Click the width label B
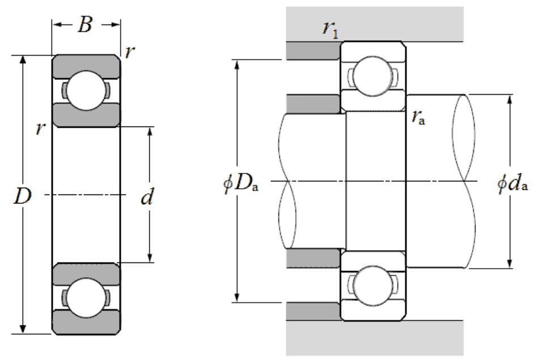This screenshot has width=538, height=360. pos(84,25)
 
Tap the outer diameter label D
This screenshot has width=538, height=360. pos(23,196)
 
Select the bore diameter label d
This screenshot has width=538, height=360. pos(147,196)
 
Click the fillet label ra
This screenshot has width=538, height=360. pos(418,118)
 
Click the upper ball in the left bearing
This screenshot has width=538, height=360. pos(86,91)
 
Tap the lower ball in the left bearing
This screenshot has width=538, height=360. pos(86,298)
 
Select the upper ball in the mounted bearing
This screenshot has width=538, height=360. pos(372,76)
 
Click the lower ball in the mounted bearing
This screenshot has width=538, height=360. pos(372,286)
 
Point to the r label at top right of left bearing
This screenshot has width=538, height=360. pos(130,52)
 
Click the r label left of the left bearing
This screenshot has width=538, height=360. pos(41,128)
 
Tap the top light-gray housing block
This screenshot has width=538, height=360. pos(375,24)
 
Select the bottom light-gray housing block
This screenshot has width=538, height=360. pos(375,338)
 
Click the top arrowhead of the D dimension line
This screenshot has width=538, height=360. pos(23,60)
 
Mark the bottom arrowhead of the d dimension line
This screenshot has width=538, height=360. pos(150,258)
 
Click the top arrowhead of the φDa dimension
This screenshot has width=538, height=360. pos(237,64)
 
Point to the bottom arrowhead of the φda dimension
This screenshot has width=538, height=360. pos(510,264)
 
